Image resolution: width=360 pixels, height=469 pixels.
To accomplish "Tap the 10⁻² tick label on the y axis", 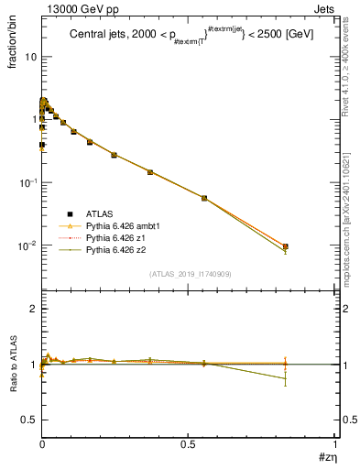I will [27, 245].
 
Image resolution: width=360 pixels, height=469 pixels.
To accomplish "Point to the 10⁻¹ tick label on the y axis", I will [27, 182].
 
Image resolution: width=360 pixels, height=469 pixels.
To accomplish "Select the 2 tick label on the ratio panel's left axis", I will [33, 310].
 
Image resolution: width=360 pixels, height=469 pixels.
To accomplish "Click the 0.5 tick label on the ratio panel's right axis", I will [349, 420].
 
